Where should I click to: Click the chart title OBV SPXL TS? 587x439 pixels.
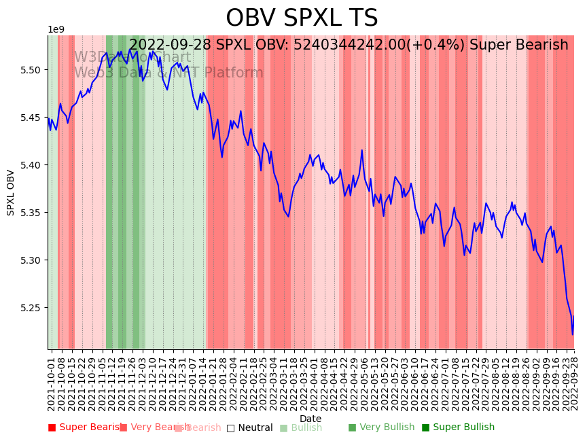(302, 18)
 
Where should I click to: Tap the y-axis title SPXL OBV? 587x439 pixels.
(11, 192)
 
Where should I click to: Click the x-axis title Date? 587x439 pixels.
(310, 419)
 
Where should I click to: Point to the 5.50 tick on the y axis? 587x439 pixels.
(31, 70)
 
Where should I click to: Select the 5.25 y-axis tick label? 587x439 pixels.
(31, 308)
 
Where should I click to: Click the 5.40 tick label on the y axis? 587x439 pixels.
(31, 165)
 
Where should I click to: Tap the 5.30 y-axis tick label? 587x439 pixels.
(31, 260)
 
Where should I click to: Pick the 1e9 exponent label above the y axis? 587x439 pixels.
(56, 30)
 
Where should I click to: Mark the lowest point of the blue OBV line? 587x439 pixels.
(572, 334)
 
